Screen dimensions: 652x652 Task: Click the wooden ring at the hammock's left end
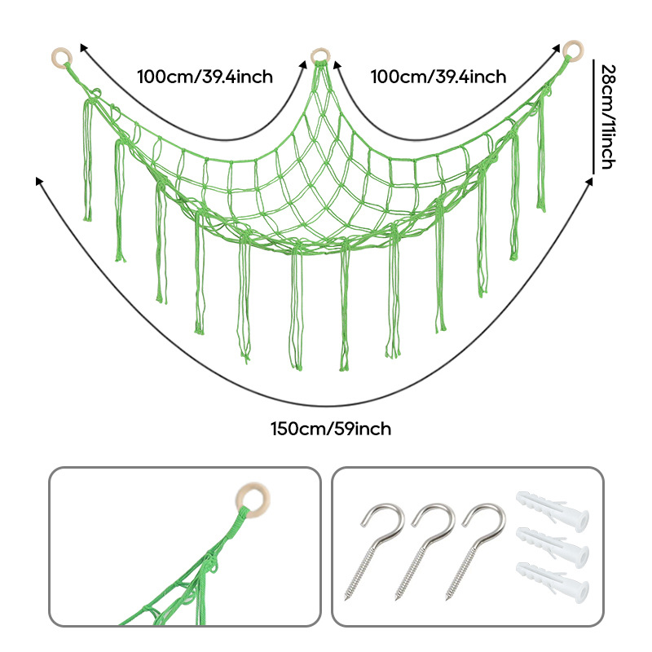coord(62,58)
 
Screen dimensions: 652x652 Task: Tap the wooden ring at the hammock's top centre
coord(320,56)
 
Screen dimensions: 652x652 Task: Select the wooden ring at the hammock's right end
coord(573,50)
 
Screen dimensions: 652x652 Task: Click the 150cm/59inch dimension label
coord(331,429)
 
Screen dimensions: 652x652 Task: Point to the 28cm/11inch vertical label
coord(608,117)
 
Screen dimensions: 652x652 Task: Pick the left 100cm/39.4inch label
coord(205,77)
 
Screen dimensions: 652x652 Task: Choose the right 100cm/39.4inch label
coord(438,77)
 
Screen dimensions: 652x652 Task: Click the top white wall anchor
coord(553,512)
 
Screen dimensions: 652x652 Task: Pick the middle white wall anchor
coord(553,548)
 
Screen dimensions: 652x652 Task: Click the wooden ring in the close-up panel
coord(253,501)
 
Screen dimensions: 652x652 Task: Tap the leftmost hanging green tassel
coord(87,161)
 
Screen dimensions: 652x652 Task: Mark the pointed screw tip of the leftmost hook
coord(346,598)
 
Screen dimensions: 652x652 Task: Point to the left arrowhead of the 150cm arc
coord(38,180)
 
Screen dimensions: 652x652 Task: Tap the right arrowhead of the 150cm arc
coord(590,180)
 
